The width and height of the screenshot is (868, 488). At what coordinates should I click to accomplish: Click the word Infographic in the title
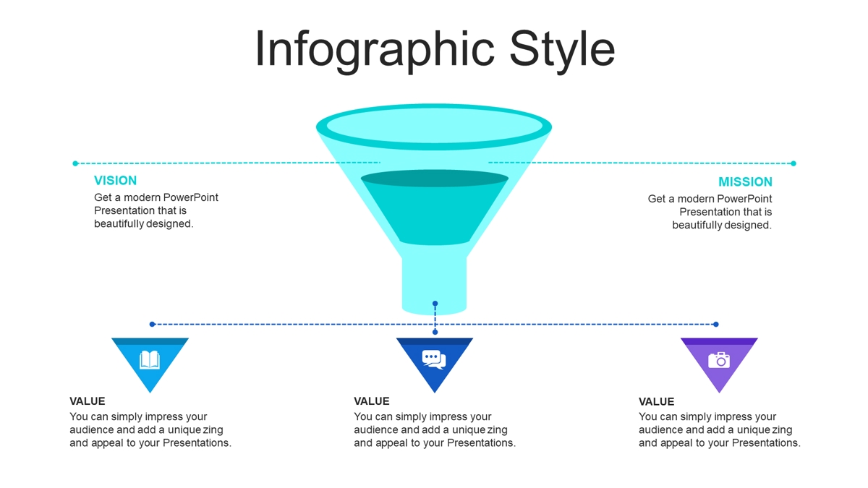click(375, 50)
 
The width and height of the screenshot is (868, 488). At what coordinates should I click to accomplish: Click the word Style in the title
click(562, 50)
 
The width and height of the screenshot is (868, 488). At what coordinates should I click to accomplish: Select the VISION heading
click(116, 181)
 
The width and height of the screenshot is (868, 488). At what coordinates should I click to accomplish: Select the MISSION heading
click(745, 181)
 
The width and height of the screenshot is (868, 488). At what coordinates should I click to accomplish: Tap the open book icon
click(150, 360)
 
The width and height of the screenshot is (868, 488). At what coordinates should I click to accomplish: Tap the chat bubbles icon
click(434, 359)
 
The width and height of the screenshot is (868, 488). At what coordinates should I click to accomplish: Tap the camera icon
click(719, 360)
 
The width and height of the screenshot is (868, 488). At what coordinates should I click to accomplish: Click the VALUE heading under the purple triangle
click(657, 402)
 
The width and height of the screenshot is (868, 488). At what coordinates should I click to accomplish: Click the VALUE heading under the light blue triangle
click(88, 401)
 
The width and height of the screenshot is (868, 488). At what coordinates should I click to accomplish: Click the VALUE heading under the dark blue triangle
click(372, 401)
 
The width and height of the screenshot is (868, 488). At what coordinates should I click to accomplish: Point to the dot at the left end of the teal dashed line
click(75, 163)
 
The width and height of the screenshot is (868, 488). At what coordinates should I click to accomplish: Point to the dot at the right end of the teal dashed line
click(793, 163)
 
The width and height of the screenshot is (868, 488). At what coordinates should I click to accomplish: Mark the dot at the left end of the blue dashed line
click(153, 324)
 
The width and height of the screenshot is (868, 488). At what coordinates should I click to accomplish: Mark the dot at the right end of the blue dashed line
click(716, 324)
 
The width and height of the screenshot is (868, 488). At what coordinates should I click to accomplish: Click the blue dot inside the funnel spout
click(435, 304)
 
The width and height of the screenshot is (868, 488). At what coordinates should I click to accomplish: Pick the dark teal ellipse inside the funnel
click(435, 179)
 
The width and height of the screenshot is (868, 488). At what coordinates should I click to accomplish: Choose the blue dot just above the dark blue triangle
click(435, 332)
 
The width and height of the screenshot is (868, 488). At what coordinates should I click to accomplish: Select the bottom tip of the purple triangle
click(719, 393)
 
